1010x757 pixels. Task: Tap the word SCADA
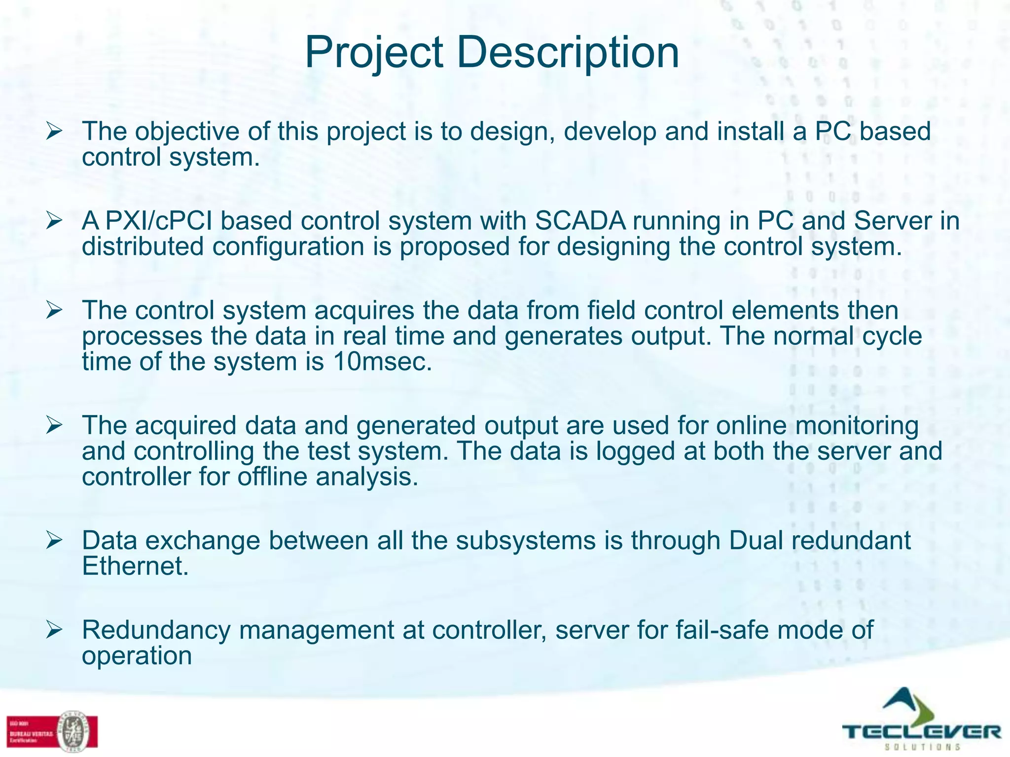click(580, 221)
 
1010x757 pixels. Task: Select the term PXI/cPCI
click(159, 221)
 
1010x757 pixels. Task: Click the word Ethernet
click(135, 566)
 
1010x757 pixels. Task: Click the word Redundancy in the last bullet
click(156, 630)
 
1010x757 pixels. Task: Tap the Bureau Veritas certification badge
click(52, 731)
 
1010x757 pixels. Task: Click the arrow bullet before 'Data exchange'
click(54, 541)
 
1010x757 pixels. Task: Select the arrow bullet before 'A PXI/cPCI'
click(54, 220)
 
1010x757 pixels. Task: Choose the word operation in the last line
click(137, 656)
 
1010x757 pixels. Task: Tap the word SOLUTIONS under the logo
click(922, 747)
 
